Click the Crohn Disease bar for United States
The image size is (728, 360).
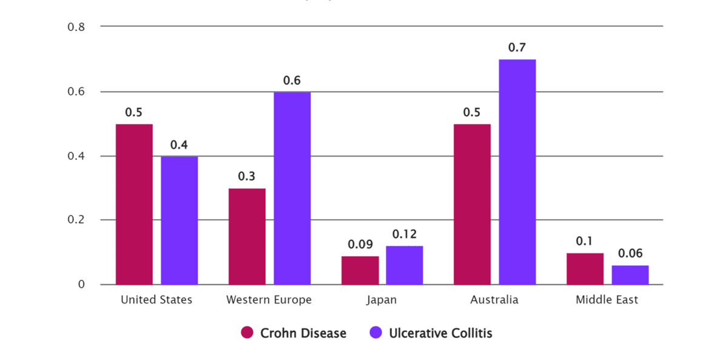pos(134,204)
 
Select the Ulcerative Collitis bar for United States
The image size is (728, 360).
pos(179,220)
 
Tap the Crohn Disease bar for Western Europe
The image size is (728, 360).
pos(247,236)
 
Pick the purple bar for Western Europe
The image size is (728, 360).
pos(292,188)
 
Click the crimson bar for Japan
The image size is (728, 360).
pos(360,270)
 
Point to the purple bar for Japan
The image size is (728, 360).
pos(404,265)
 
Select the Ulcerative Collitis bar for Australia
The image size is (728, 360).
pos(517,172)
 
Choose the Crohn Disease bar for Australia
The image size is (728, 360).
pos(472,204)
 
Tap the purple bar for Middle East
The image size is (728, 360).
pos(630,275)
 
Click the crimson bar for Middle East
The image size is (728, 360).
pos(585,269)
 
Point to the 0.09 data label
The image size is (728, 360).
pos(360,245)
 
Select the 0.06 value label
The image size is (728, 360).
pos(630,254)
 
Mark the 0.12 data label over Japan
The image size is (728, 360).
pos(404,234)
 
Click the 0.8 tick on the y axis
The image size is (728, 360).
pos(76,27)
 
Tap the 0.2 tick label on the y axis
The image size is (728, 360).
pos(76,220)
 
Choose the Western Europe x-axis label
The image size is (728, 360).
pos(269,300)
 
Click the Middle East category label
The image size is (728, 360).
pos(607,300)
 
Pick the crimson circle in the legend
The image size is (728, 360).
pos(247,333)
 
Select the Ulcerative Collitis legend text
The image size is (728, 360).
pos(440,333)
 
